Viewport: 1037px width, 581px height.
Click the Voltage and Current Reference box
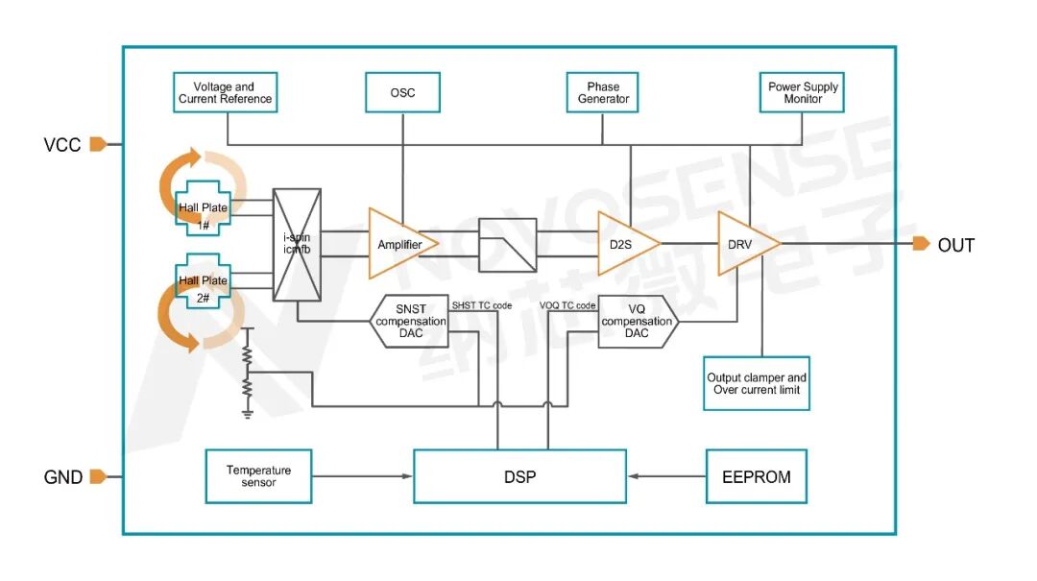tap(225, 92)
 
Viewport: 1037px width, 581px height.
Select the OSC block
tap(402, 92)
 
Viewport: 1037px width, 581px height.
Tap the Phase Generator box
tap(602, 92)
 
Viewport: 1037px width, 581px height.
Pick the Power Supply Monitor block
tap(802, 92)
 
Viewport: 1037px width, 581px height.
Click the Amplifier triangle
tap(401, 244)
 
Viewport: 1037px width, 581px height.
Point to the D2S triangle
tap(626, 244)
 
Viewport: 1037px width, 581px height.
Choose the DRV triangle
tap(747, 244)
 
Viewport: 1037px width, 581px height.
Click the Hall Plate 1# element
tap(203, 207)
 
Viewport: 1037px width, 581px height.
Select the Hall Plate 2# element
tap(203, 280)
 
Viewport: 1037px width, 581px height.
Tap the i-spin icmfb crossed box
tap(297, 245)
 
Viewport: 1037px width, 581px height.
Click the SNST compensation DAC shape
tap(409, 322)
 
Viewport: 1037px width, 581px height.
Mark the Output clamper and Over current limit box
tap(757, 384)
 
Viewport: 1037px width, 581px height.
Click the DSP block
tap(519, 476)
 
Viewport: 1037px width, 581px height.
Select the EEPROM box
tap(757, 476)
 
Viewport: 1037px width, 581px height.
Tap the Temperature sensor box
tap(258, 476)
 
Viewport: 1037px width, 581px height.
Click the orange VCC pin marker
tap(98, 144)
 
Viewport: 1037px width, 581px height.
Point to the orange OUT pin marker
tap(921, 244)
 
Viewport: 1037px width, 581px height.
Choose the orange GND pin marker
tap(98, 476)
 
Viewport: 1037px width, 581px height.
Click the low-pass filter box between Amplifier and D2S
tap(507, 245)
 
